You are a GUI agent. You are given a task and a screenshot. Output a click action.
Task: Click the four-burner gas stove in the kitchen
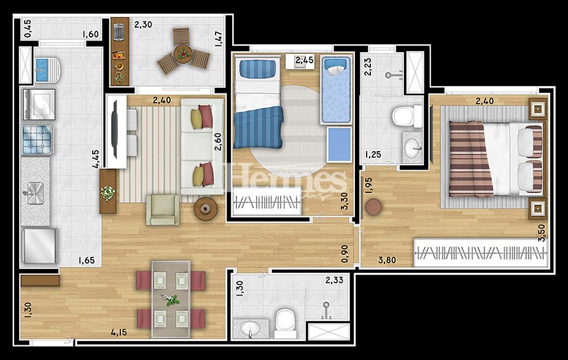coord(37,139)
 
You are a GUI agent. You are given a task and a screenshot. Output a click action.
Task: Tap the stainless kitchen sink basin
coord(34,193)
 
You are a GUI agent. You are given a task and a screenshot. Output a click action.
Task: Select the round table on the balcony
coord(183,54)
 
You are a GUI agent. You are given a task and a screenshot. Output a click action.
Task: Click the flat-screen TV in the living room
coord(114,130)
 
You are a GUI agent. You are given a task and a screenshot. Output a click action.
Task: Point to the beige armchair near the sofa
coord(163,209)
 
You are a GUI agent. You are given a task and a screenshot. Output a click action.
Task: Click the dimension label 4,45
coord(96,159)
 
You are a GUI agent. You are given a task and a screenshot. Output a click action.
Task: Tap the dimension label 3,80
coord(387,260)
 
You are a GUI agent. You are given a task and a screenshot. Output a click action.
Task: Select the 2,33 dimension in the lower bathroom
coord(334,280)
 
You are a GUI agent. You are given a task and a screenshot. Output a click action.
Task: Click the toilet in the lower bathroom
coord(286,323)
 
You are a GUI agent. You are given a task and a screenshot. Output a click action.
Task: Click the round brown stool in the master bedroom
coord(373,207)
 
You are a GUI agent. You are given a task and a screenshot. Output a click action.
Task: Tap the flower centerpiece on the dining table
coord(171,299)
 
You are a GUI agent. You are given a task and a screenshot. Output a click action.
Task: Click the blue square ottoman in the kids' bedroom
coord(339,144)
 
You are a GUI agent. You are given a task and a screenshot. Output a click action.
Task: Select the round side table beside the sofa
coord(206,209)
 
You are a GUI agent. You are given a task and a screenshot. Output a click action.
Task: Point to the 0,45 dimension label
coord(28,28)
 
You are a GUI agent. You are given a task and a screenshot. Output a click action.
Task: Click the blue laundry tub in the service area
coord(42,69)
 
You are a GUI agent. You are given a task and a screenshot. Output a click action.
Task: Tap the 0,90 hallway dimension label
coord(345,254)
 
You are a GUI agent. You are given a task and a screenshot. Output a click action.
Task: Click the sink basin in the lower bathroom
coord(250,329)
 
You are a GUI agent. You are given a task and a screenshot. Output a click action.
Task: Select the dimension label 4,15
coord(119,332)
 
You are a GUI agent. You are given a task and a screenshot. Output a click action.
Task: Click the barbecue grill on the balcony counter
coord(119,31)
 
